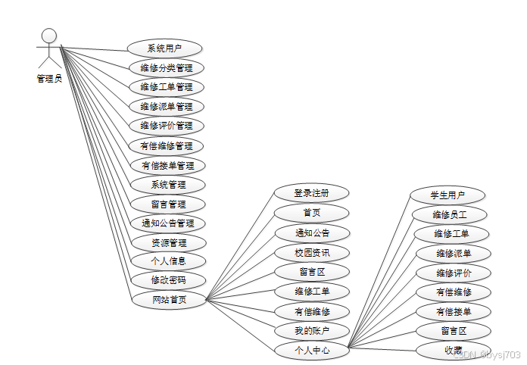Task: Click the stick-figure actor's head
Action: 49,36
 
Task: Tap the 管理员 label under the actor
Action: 49,78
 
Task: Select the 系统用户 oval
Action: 164,48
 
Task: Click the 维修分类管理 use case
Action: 167,68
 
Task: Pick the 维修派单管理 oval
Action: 167,107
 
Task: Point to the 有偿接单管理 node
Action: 167,165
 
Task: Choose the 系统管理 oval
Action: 167,185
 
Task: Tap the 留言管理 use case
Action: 167,204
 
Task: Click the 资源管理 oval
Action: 167,243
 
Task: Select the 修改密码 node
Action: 167,280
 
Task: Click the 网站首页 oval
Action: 168,300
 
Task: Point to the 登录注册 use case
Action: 312,192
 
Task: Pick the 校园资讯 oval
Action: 312,251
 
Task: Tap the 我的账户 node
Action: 312,331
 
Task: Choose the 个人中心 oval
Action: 312,351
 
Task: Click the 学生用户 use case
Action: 447,195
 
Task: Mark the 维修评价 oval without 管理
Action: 454,273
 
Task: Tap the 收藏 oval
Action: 454,350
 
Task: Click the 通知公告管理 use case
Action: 167,223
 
